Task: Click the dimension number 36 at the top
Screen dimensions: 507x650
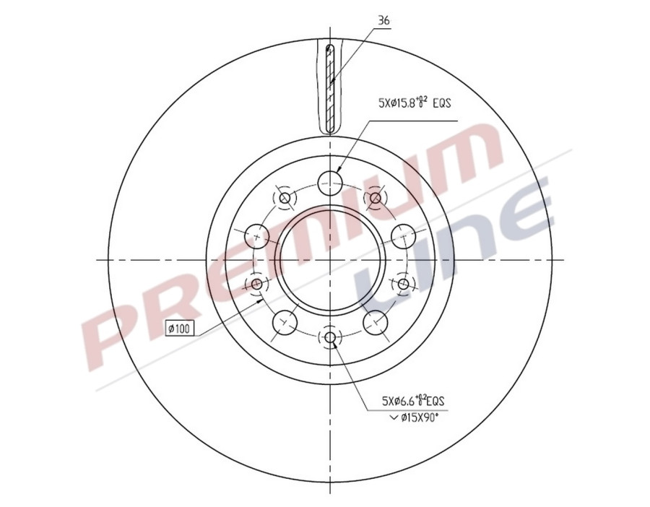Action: (383, 22)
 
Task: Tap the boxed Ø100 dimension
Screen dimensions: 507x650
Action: (178, 329)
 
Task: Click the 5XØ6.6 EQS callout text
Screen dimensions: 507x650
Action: (413, 400)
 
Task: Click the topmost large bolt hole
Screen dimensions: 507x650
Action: (331, 182)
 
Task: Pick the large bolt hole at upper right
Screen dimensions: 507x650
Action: (403, 235)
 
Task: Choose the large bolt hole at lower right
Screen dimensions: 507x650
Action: (376, 320)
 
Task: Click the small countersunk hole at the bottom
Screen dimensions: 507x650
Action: (331, 337)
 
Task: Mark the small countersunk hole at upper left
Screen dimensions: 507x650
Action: (285, 197)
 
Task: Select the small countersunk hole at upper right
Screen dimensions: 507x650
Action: (376, 197)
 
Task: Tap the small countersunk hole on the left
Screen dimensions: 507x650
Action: (256, 284)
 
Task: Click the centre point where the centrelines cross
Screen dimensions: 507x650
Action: (331, 259)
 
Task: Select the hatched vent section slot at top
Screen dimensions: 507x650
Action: (330, 88)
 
